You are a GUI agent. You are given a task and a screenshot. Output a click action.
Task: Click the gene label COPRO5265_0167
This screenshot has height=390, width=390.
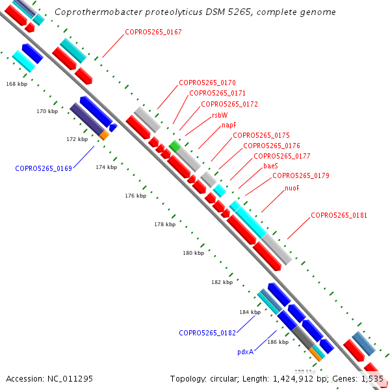click(x=153, y=32)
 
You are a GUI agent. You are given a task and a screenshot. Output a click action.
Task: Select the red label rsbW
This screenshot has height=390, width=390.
click(x=220, y=114)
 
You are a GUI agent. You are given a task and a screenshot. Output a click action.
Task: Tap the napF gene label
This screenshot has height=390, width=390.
click(x=229, y=125)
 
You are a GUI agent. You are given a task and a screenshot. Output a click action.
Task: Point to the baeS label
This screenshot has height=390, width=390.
click(x=271, y=166)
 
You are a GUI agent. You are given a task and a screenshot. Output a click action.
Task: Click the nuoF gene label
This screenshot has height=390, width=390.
click(x=292, y=188)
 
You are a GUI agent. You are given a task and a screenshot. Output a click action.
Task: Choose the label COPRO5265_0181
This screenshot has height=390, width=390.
click(x=339, y=215)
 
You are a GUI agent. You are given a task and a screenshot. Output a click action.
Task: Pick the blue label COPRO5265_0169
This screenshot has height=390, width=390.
click(x=44, y=168)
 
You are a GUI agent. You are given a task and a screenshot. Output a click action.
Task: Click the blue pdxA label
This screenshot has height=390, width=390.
click(x=245, y=351)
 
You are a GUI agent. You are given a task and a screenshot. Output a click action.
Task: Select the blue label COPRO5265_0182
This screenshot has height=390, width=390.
click(x=207, y=333)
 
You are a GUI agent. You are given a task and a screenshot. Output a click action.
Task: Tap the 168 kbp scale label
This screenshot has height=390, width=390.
click(x=16, y=84)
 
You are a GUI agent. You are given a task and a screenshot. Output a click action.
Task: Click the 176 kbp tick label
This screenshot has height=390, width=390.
click(x=135, y=196)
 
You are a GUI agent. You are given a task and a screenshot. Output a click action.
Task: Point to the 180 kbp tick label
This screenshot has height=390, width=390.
click(x=193, y=253)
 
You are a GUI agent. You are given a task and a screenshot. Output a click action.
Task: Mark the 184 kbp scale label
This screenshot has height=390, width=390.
click(x=250, y=312)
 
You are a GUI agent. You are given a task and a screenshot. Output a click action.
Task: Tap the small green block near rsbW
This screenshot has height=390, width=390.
click(x=174, y=145)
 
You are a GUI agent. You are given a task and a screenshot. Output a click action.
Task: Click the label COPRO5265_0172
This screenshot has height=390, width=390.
click(x=229, y=104)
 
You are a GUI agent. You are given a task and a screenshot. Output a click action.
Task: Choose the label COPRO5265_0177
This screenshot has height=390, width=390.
click(x=281, y=156)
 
